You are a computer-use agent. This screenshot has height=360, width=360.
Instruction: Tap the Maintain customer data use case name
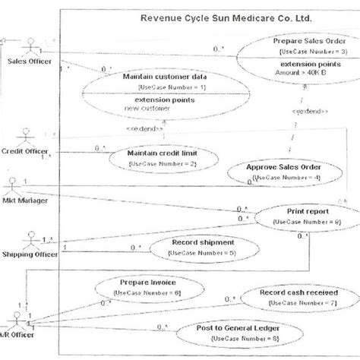[163, 76]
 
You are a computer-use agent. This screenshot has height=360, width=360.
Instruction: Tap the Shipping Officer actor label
[30, 254]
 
